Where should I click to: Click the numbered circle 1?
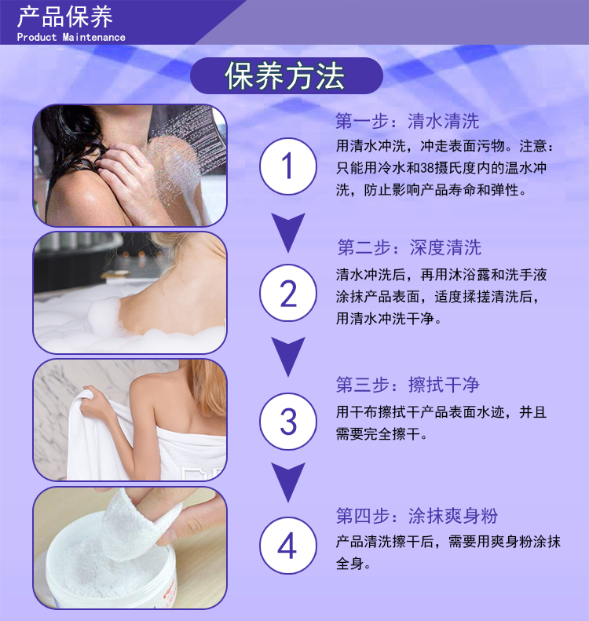click(x=288, y=166)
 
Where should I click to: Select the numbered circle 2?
click(x=288, y=293)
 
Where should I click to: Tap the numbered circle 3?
click(x=288, y=422)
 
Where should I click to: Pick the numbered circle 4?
click(x=288, y=546)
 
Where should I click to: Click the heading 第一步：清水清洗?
click(x=407, y=121)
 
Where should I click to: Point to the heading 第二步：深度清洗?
click(x=409, y=247)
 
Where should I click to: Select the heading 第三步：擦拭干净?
click(x=408, y=385)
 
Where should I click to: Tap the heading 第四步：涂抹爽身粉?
click(x=417, y=516)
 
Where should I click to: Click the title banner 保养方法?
click(x=287, y=76)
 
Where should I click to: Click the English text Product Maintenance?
click(x=71, y=37)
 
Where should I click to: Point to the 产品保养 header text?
click(x=65, y=16)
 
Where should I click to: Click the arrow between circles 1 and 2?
click(x=288, y=232)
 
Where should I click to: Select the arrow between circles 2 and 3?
click(x=288, y=356)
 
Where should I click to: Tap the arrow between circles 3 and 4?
click(x=288, y=482)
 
